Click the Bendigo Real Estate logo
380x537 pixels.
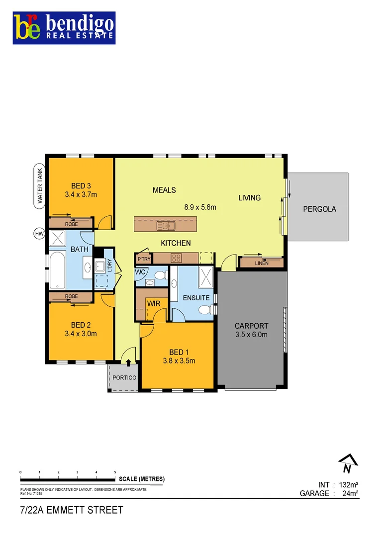click(64, 28)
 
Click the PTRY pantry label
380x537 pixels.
click(144, 259)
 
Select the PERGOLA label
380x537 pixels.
click(319, 209)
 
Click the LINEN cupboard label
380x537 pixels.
click(261, 263)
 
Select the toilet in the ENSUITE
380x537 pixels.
click(205, 310)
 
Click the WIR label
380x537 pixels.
click(152, 303)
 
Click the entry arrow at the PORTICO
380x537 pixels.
click(128, 364)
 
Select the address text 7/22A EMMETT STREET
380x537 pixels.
click(71, 511)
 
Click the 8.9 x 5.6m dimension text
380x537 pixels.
click(197, 207)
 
